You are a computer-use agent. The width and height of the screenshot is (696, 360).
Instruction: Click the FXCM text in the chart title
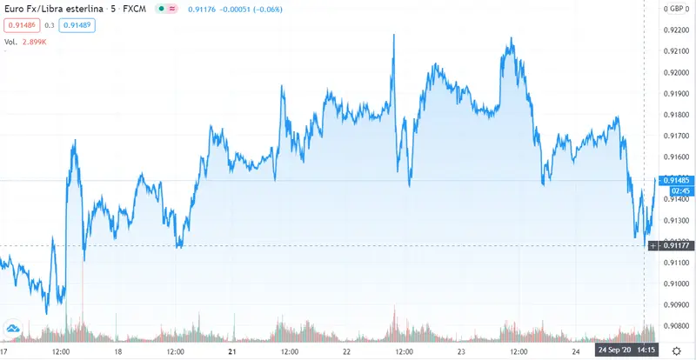coord(133,10)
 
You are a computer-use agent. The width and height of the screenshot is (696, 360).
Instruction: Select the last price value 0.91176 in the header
coord(204,10)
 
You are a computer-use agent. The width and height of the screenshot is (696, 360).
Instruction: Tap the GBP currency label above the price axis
coord(674,9)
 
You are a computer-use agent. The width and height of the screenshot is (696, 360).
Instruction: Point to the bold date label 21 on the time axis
coord(232,351)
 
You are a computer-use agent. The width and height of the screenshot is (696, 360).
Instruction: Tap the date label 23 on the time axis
coord(461,351)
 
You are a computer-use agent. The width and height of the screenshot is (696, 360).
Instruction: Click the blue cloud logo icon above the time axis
coord(12,327)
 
